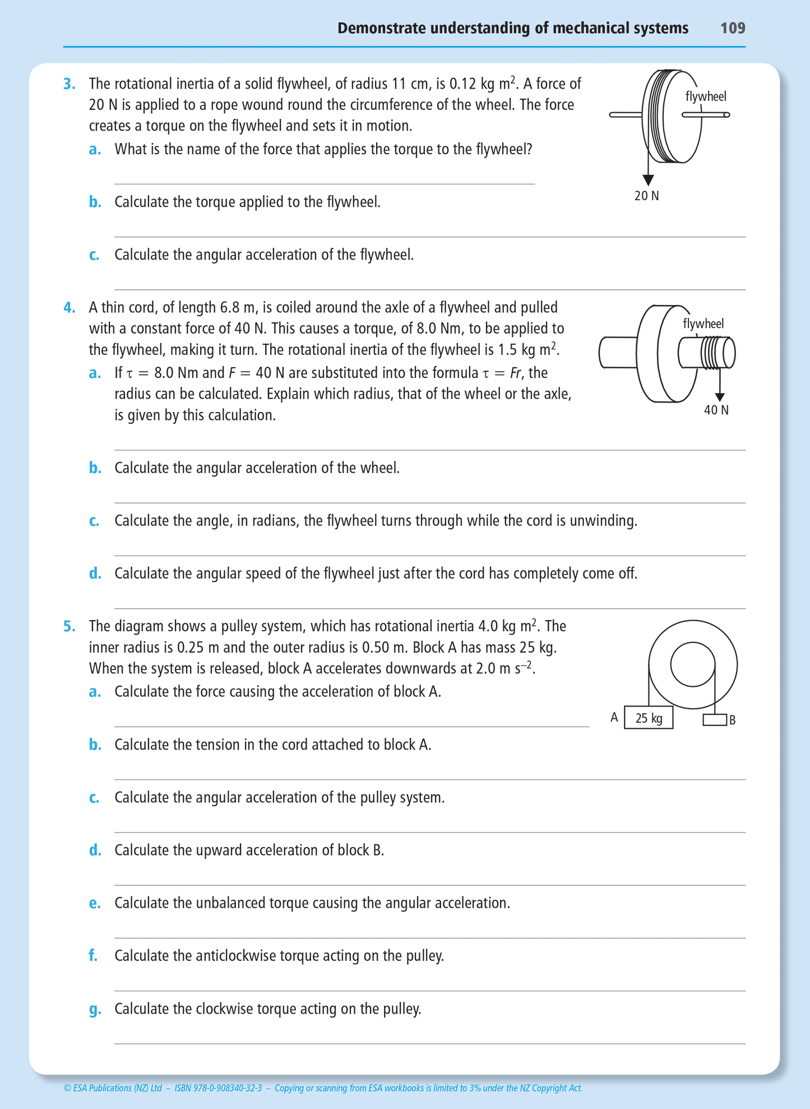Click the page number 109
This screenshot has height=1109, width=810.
(x=733, y=28)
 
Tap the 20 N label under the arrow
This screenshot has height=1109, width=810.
(x=647, y=196)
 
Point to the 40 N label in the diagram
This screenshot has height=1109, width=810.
(x=716, y=410)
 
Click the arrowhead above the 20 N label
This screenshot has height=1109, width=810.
(x=648, y=180)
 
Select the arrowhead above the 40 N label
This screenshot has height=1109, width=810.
(x=720, y=398)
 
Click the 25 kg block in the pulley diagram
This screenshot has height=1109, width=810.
(x=649, y=718)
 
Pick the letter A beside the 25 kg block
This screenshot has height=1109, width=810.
(x=614, y=718)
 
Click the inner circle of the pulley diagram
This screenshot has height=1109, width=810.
(x=693, y=664)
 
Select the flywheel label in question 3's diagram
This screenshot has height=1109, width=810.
(x=706, y=96)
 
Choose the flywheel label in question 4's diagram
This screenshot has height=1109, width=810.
(x=703, y=324)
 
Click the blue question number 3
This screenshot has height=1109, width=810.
(x=69, y=84)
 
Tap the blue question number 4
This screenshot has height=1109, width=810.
(x=69, y=308)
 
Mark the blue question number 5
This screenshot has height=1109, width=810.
(x=69, y=626)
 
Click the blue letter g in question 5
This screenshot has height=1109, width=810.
(x=95, y=1009)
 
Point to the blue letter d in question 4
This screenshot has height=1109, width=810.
(x=95, y=574)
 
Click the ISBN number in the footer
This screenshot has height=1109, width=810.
(x=219, y=1088)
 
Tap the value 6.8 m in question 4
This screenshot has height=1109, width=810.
(x=238, y=308)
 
